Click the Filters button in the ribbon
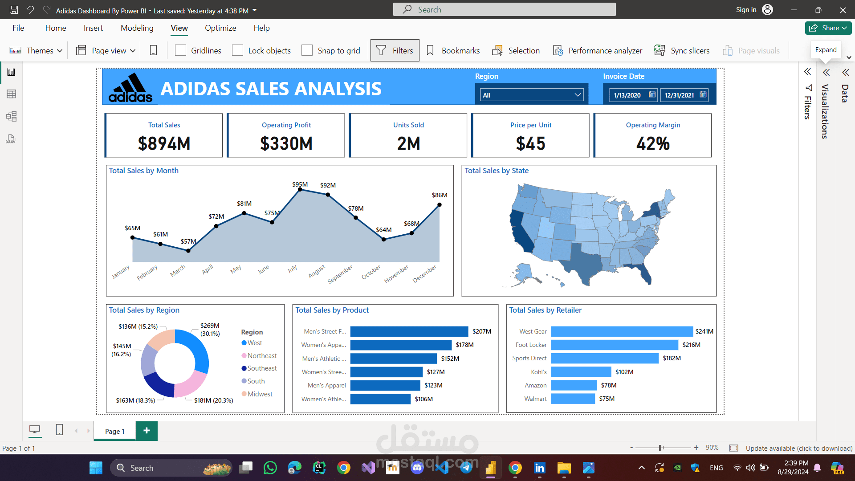(x=395, y=51)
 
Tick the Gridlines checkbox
(x=181, y=51)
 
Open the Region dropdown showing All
(x=532, y=95)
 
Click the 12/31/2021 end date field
(x=680, y=95)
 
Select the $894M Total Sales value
(x=164, y=143)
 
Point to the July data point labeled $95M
(x=300, y=190)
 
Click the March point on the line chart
(x=188, y=251)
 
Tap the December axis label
(x=424, y=273)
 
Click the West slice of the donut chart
(x=196, y=347)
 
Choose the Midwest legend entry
(x=260, y=394)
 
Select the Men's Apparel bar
(x=385, y=385)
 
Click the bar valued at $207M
(x=409, y=331)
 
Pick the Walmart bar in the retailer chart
(x=573, y=399)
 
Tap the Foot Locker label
(x=531, y=345)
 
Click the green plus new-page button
(x=147, y=431)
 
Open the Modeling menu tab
(x=137, y=28)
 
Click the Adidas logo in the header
(x=130, y=88)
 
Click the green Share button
(x=828, y=28)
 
